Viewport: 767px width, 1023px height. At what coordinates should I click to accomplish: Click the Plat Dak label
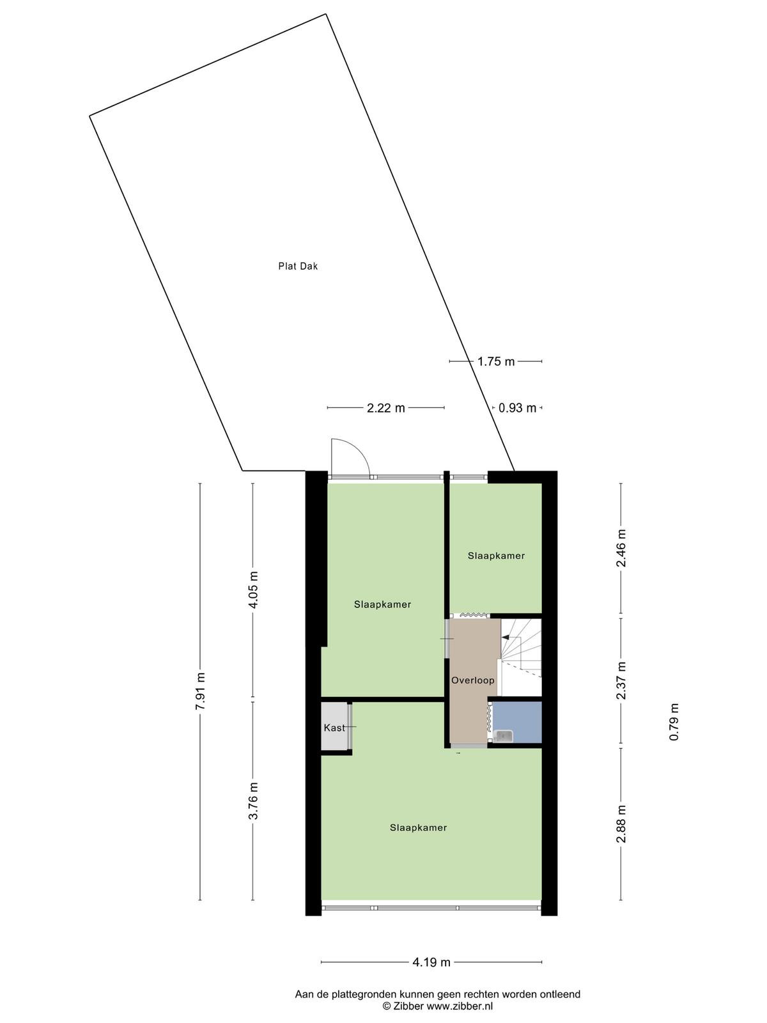pos(298,266)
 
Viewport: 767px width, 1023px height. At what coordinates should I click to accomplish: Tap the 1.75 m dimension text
pos(496,361)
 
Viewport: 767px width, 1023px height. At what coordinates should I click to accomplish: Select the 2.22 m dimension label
pos(385,408)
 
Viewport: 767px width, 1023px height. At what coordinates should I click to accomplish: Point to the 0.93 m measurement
pos(517,408)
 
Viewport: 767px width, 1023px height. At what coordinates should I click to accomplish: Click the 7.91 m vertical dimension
pos(200,691)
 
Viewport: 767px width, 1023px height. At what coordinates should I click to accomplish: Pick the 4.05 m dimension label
pos(253,590)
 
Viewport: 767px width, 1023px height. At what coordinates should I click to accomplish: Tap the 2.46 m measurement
pos(621,547)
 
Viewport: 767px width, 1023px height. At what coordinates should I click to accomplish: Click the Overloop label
pos(473,680)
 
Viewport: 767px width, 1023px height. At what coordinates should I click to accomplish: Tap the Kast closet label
pos(334,728)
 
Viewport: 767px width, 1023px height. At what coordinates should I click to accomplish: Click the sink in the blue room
pos(504,736)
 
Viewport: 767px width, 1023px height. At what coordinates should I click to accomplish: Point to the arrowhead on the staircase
pos(505,637)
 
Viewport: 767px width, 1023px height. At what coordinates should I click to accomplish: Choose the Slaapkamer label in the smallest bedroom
pos(496,556)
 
